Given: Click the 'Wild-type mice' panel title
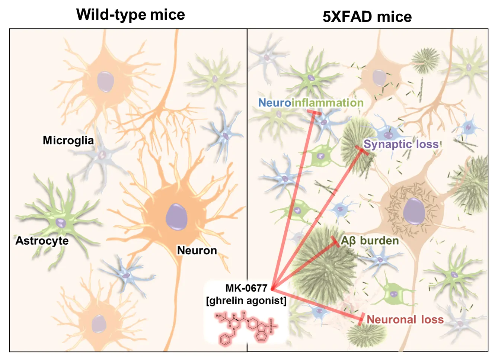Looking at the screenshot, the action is point(131,15).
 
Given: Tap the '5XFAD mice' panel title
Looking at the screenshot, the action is point(367,17).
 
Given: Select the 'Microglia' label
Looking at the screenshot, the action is point(68,140).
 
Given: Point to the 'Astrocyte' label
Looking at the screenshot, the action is point(42,241).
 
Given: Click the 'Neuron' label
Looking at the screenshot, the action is point(197,251).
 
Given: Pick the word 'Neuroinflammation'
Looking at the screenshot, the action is point(311,103).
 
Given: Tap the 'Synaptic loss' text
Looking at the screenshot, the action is point(401,144).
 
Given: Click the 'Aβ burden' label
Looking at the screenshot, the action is point(370,241).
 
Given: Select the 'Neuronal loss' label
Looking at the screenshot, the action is point(405,319).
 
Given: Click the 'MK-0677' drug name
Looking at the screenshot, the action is point(246,288).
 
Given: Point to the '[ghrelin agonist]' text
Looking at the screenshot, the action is point(246,301).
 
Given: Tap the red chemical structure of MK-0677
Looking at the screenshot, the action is point(246,329).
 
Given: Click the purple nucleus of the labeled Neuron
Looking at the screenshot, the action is point(176,217).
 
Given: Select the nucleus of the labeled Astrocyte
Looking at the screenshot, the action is point(60,223).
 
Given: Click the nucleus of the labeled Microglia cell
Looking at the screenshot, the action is point(102,155).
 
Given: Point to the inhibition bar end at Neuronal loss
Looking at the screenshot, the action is point(362,319).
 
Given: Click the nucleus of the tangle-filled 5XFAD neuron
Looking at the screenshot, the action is point(414,211).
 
